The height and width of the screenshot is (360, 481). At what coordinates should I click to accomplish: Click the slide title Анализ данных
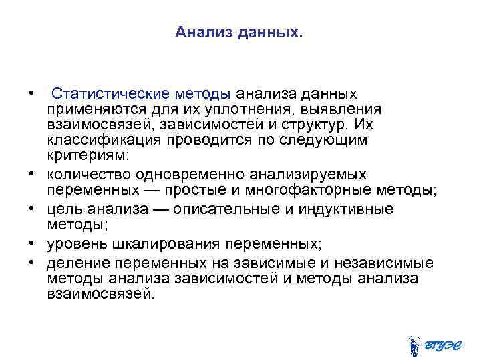click(x=238, y=32)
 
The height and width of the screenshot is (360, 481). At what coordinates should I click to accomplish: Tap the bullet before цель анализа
click(x=31, y=209)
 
